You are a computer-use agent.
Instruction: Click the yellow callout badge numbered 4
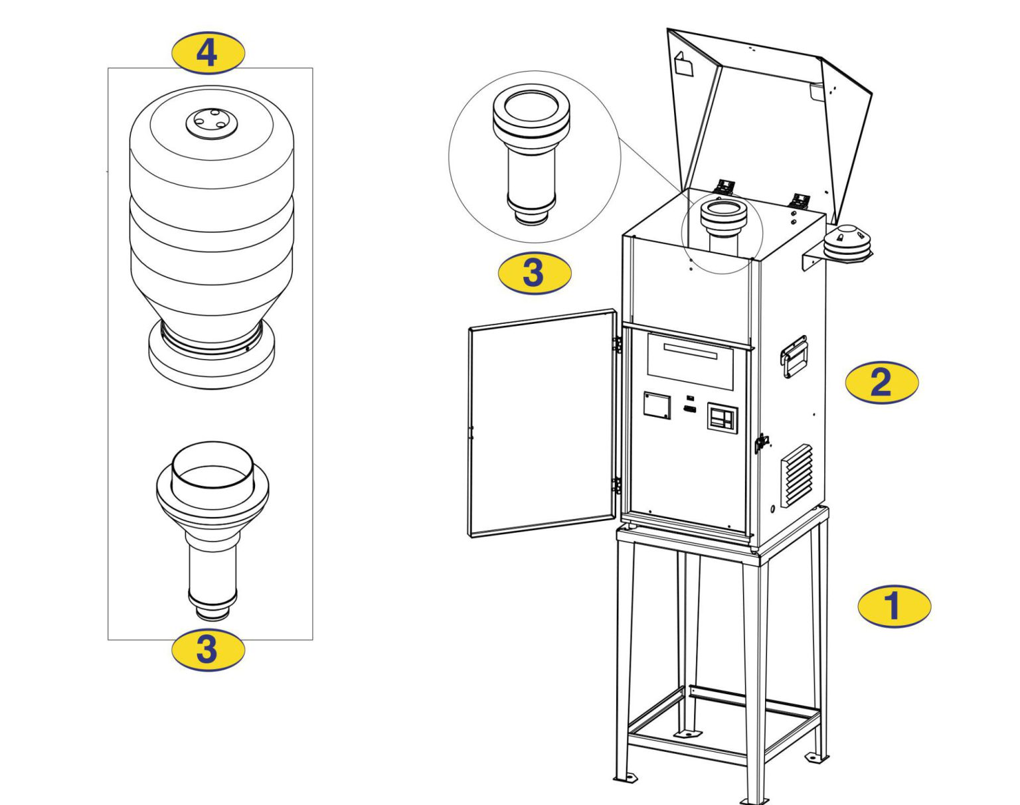point(208,52)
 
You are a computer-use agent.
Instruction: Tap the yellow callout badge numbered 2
point(881,382)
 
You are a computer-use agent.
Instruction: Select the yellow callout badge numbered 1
point(894,605)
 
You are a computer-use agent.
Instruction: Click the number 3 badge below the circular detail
point(534,272)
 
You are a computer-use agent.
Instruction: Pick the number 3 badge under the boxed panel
point(208,648)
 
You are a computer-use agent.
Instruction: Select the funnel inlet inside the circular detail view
point(531,153)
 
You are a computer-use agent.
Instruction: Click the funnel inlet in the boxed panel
point(212,524)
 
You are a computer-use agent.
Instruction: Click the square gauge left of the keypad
point(656,405)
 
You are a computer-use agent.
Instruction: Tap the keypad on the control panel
point(722,419)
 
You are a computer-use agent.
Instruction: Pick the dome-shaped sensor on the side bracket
point(847,242)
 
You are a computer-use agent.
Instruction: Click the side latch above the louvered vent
point(761,442)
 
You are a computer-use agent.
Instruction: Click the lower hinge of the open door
point(617,485)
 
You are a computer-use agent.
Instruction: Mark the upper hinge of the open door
point(617,343)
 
